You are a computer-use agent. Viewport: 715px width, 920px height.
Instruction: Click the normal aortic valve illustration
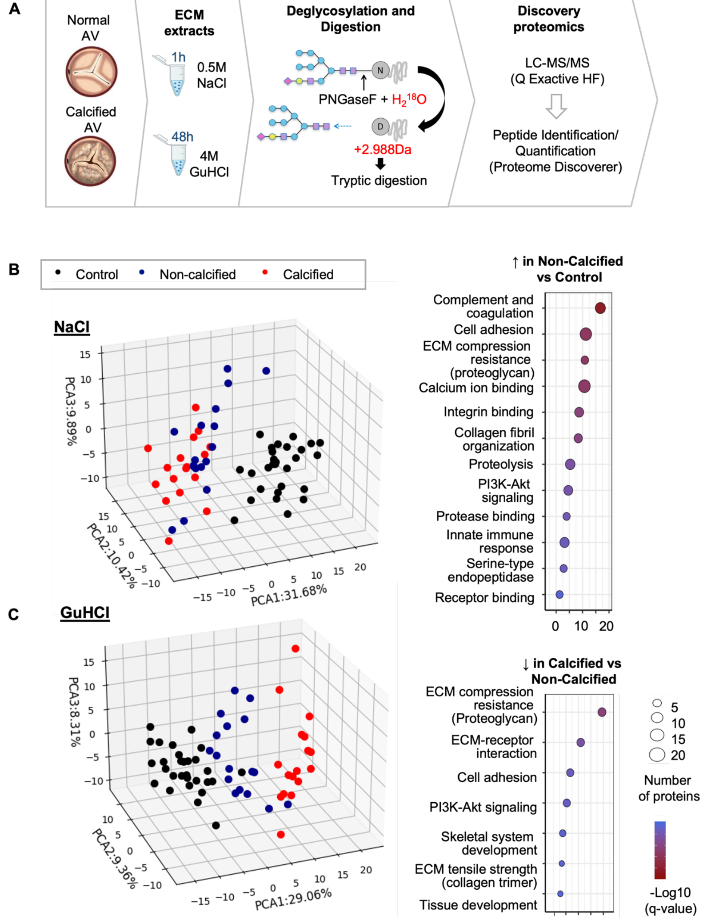92,72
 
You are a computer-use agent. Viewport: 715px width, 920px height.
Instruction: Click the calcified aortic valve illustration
90,161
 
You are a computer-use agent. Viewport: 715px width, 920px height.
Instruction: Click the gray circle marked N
380,70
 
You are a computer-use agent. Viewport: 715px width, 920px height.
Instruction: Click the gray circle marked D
380,127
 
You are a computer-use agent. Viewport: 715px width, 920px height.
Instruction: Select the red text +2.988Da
383,149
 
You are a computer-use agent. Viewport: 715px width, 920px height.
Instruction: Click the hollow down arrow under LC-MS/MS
556,106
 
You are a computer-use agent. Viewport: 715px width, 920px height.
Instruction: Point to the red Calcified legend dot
265,272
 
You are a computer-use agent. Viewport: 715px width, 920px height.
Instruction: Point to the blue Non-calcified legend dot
142,272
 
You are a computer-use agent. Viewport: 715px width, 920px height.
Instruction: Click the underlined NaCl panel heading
72,327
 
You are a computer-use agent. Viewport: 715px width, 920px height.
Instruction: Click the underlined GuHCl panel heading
85,612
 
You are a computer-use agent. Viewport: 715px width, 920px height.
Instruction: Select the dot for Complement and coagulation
600,308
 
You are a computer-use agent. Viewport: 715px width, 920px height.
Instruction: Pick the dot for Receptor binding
559,594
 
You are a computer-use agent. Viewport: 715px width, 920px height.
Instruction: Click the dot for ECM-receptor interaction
580,742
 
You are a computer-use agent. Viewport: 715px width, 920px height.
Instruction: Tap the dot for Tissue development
560,893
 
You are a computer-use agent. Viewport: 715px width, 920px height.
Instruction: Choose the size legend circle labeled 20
657,754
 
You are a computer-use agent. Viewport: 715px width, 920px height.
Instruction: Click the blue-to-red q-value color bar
660,850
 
